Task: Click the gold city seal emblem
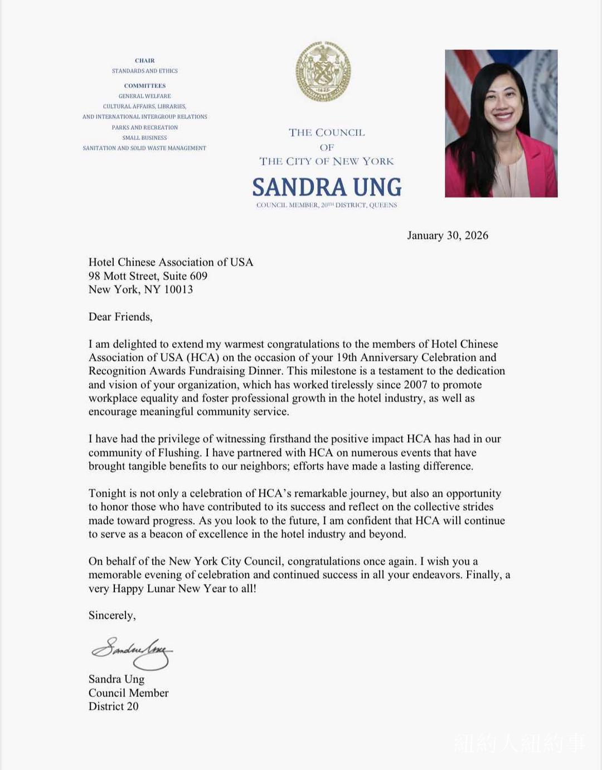323,72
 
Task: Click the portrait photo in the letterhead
501,123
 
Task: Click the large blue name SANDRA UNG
327,187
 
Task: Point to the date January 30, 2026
448,235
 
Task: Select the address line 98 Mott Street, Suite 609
148,276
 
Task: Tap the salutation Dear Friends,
120,317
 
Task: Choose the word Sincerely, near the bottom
112,615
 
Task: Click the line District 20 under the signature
113,706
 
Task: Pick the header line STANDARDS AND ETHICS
145,71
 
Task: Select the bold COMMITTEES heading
145,86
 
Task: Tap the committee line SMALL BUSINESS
145,138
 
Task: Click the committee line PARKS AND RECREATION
145,128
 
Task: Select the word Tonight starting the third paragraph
108,493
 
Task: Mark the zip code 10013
178,289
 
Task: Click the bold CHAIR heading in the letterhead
145,60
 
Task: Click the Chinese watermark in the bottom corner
520,743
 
